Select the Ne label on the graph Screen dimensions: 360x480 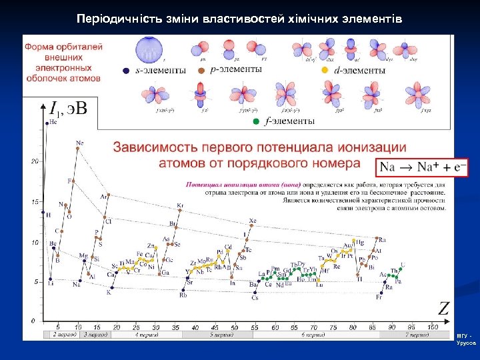click(80, 143)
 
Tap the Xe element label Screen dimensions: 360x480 click(252, 221)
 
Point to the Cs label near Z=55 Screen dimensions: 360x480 click(255, 298)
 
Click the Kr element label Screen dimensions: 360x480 click(180, 206)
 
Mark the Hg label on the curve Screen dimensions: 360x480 click(360, 243)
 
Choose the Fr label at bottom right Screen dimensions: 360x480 click(379, 297)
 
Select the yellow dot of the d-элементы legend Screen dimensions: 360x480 click(325, 70)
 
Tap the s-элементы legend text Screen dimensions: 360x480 click(159, 71)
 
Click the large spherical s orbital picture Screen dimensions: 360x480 click(149, 50)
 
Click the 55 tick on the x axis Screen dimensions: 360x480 click(255, 327)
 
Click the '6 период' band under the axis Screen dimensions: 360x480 click(313, 335)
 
